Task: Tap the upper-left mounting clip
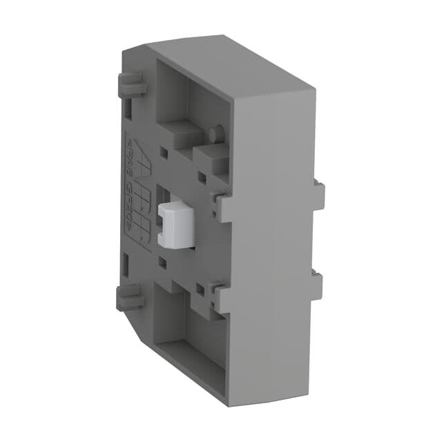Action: tap(133, 87)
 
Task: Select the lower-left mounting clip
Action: tap(130, 299)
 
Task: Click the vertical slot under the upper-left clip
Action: tap(128, 107)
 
